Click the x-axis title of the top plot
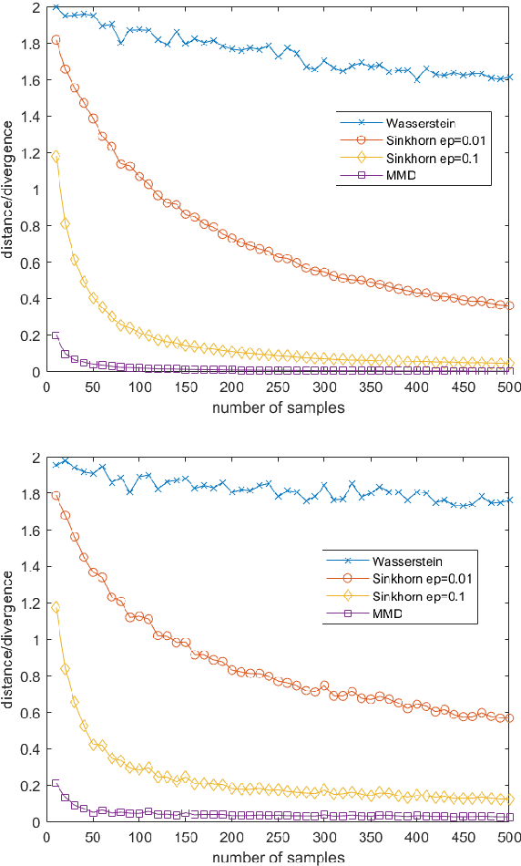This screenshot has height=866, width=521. [278, 407]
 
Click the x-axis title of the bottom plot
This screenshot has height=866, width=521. [278, 857]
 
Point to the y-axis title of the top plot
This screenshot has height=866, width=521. [8, 190]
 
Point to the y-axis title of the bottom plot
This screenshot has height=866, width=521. [8, 640]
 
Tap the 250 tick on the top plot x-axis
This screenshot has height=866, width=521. [278, 387]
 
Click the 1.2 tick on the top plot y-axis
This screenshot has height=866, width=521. [31, 153]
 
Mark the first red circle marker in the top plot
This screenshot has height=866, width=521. [56, 40]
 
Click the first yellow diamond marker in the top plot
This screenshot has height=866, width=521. [56, 157]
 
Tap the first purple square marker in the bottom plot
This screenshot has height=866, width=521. [56, 783]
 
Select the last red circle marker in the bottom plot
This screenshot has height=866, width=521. [510, 718]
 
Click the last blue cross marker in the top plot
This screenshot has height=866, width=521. [510, 77]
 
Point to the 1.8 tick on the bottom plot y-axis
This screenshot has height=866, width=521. [31, 494]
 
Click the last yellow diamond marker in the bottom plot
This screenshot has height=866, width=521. [510, 799]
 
